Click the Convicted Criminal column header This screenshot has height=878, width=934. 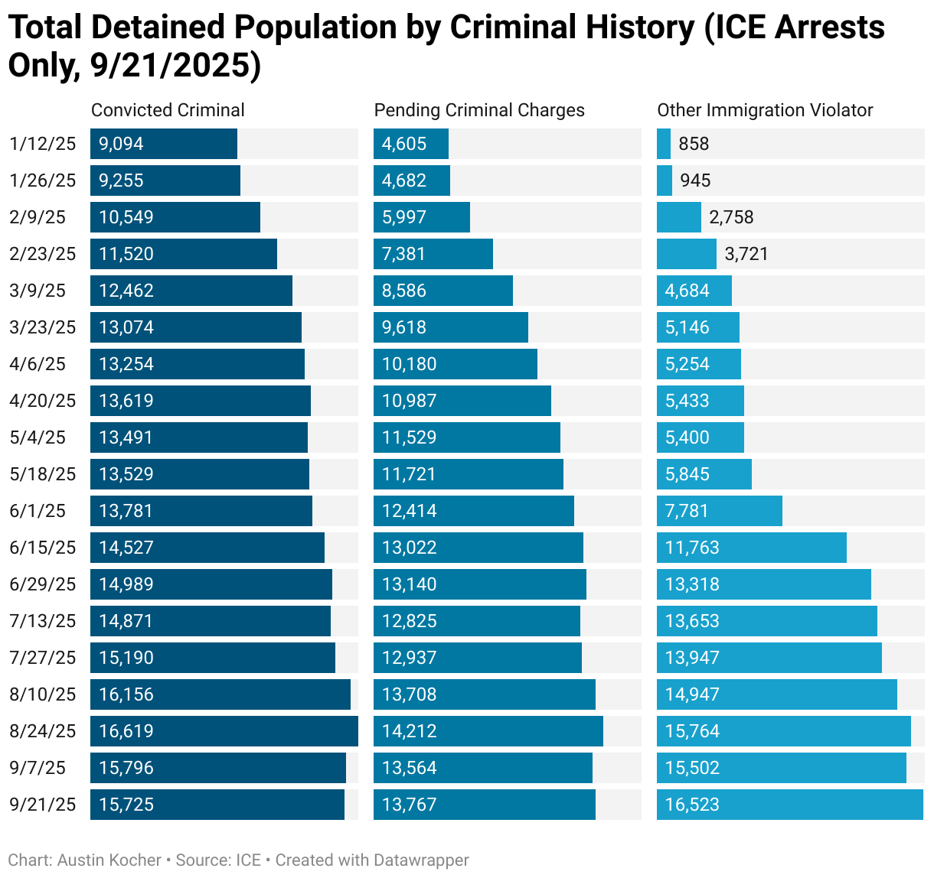point(168,110)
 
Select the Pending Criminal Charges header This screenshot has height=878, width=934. point(479,110)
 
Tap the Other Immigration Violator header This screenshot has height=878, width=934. point(765,110)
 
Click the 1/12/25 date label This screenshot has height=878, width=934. point(43,144)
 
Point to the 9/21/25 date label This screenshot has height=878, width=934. point(43,805)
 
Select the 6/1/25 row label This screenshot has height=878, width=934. point(38,511)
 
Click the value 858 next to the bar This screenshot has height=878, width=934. point(694,144)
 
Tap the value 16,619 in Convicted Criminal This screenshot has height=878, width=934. point(126,731)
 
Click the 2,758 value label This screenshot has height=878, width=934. point(731,217)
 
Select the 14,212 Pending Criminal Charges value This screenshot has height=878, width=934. point(410,731)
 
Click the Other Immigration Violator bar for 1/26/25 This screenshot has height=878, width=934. point(665,180)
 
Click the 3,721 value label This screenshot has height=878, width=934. point(746,254)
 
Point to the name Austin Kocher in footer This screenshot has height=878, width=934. point(109,860)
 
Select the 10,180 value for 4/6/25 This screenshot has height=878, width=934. point(410,364)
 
